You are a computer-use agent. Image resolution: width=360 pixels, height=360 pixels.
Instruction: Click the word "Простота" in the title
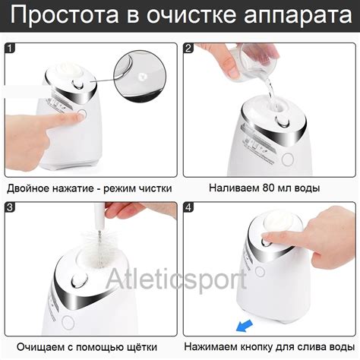coord(65,15)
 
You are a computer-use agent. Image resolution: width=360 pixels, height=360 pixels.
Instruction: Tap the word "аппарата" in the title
coord(298,16)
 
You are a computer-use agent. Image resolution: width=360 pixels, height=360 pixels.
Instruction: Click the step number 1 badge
coord(10,48)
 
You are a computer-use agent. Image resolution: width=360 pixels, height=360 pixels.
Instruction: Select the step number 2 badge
coord(188,48)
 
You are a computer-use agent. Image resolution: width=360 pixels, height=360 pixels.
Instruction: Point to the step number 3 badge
coord(10,207)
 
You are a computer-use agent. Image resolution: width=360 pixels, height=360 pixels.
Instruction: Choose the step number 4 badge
coord(188,207)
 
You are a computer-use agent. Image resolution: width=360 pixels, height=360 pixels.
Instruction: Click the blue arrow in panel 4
coord(245,326)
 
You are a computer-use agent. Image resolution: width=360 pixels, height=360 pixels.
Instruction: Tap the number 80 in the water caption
coord(269,188)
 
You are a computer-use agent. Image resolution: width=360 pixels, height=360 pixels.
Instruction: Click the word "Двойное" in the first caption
coord(28,188)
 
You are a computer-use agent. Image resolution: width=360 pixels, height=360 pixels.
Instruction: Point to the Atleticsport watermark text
coord(176,279)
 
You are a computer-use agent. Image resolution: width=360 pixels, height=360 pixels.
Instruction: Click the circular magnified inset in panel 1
coord(140,76)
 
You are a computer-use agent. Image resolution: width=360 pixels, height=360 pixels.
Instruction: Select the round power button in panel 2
coord(288,159)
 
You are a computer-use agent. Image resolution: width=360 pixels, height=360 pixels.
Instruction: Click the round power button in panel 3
coord(68,323)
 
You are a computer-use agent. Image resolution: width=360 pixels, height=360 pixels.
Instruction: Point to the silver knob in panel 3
coord(78,280)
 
